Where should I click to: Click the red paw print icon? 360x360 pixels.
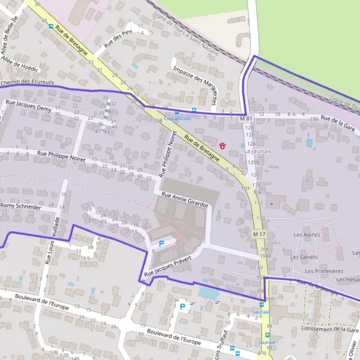(x=223, y=145)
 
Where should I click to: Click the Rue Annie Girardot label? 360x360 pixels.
(x=184, y=200)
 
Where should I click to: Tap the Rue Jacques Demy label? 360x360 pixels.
(x=29, y=106)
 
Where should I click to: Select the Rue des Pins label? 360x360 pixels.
(x=118, y=38)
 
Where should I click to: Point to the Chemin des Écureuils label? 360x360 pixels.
(x=28, y=82)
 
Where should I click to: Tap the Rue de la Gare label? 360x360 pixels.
(x=338, y=122)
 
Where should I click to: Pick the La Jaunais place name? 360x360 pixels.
(x=258, y=151)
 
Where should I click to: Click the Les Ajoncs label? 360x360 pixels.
(x=307, y=234)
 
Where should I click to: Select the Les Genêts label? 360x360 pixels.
(x=304, y=257)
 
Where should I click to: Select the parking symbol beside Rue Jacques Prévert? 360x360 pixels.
(x=161, y=244)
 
